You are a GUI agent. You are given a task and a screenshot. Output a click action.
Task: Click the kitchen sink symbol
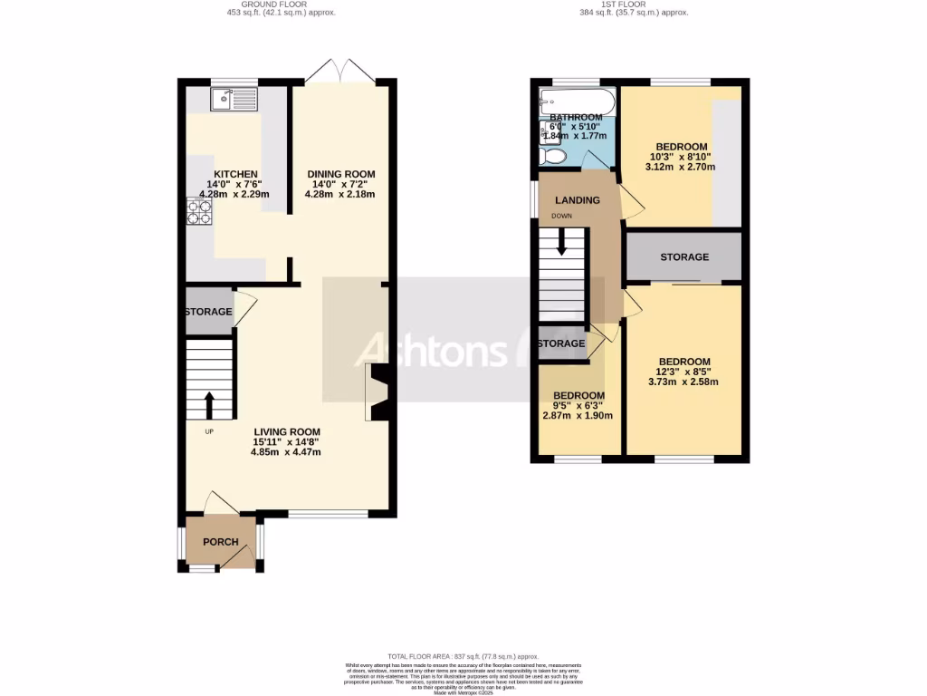[x=234, y=98]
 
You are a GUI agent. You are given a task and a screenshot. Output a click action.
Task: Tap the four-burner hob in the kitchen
[x=199, y=211]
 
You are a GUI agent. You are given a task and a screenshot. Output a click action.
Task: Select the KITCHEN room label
[x=235, y=174]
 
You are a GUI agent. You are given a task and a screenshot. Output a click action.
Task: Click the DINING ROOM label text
[x=340, y=174]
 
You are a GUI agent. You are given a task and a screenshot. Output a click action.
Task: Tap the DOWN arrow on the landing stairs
[x=561, y=239]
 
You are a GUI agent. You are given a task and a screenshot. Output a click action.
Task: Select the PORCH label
[x=220, y=542]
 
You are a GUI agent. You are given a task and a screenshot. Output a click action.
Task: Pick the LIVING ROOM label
[x=286, y=431]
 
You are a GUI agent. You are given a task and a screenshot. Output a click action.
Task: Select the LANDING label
[x=578, y=200]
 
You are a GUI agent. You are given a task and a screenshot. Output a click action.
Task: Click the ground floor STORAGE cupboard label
[x=208, y=312]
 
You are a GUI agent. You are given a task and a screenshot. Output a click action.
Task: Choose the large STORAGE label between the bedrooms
[x=684, y=257]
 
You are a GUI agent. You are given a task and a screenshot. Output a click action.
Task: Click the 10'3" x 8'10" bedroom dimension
[x=681, y=157]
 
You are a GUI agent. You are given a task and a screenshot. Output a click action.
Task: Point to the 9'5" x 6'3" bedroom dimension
[x=578, y=406]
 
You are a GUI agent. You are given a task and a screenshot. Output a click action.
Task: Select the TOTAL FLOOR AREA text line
[x=463, y=656]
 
